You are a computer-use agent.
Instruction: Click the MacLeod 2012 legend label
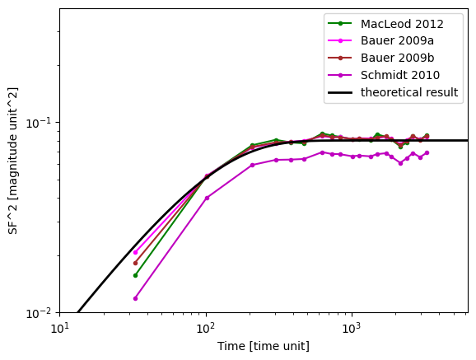click(x=402, y=24)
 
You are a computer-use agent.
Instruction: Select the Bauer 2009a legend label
click(x=397, y=40)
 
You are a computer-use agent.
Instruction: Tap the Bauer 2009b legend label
click(x=398, y=58)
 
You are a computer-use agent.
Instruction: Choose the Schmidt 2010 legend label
click(x=400, y=75)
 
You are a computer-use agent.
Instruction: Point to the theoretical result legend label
click(x=409, y=92)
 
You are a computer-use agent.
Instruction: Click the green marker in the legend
click(x=340, y=23)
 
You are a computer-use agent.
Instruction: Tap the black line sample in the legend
click(x=340, y=92)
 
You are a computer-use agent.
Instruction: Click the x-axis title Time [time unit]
click(x=264, y=346)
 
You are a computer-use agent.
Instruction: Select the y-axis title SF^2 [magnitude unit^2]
click(x=13, y=161)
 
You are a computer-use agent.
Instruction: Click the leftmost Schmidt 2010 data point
click(x=135, y=299)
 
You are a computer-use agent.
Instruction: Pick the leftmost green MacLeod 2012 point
click(x=135, y=275)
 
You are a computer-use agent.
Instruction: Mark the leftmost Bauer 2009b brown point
click(x=135, y=263)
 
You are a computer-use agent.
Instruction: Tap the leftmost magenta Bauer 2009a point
click(x=135, y=252)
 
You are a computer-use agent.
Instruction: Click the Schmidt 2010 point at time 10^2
click(x=207, y=198)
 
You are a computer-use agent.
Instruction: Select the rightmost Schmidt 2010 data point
click(x=427, y=152)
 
